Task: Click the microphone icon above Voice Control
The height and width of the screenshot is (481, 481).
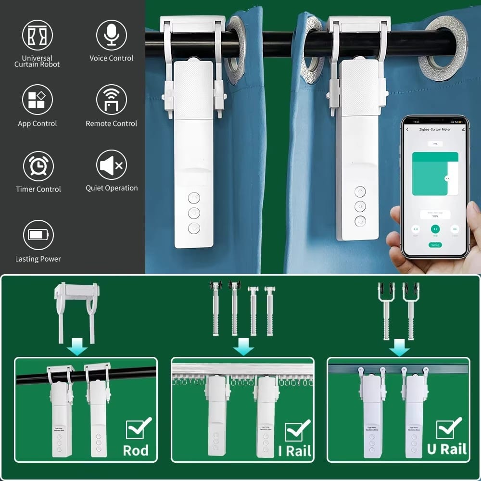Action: [x=112, y=35]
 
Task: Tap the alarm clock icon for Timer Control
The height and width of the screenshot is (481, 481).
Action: [x=38, y=166]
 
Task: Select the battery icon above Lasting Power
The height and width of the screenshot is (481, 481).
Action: [x=38, y=235]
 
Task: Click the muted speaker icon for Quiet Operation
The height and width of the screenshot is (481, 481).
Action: [x=112, y=165]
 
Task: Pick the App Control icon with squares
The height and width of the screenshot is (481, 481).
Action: [x=37, y=100]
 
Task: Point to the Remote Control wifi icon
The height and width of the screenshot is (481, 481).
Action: [x=112, y=100]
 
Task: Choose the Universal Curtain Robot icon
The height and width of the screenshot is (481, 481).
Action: [x=37, y=35]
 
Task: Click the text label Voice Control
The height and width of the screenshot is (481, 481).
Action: [x=112, y=58]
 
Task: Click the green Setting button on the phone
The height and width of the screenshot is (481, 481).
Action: [x=435, y=245]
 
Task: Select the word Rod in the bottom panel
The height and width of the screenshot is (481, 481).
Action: [x=136, y=451]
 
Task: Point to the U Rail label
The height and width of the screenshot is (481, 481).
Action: [x=447, y=449]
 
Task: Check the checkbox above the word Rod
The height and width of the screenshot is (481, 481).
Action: [x=137, y=428]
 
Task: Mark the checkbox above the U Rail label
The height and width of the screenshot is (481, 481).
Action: [x=447, y=428]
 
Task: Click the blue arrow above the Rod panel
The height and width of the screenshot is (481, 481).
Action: [x=77, y=345]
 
